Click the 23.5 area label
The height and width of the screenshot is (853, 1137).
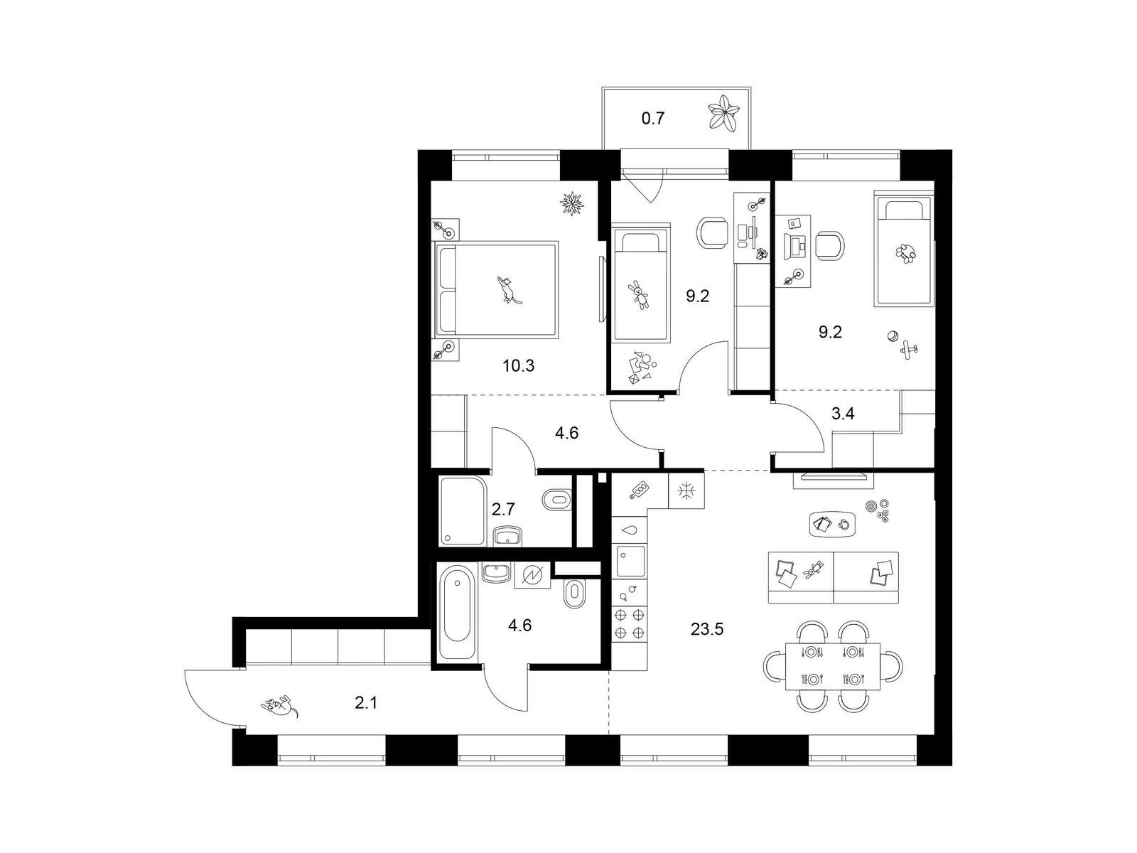(706, 630)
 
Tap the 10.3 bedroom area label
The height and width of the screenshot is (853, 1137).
(518, 366)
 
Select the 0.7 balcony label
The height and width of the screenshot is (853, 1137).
(652, 119)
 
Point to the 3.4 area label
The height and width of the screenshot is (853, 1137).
(843, 413)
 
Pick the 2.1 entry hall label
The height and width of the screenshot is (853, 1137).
(366, 703)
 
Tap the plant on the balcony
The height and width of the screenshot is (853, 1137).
(724, 119)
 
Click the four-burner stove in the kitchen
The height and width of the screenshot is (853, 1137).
(629, 624)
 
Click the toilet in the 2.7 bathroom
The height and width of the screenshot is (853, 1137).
(557, 500)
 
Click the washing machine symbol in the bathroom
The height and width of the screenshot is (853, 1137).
(532, 575)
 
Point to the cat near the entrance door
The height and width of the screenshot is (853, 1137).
(280, 706)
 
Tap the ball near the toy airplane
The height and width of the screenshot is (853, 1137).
(893, 337)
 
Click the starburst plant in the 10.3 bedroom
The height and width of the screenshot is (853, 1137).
(572, 203)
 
